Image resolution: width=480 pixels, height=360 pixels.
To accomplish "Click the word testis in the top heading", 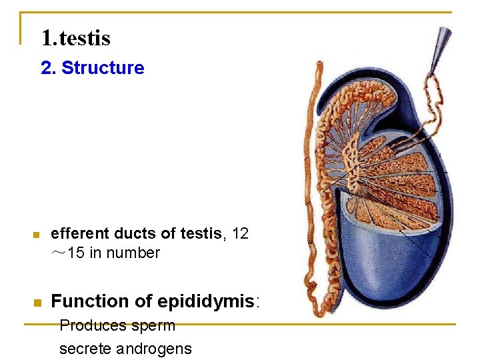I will (85, 38).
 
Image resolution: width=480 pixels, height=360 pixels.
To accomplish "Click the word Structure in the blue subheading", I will (103, 68).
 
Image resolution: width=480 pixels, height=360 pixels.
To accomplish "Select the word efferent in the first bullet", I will (80, 233).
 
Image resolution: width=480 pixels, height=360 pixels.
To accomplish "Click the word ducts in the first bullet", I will (134, 233).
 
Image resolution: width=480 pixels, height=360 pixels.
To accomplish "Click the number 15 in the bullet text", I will (76, 253).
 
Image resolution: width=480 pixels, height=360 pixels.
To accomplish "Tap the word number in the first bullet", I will (137, 253).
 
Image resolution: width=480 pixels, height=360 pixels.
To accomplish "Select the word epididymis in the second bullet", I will (207, 301).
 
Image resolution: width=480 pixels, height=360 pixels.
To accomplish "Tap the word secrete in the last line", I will (85, 349).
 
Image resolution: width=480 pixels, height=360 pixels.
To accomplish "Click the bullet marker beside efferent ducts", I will (37, 235).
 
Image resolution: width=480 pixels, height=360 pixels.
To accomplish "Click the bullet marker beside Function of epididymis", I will (37, 303).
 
